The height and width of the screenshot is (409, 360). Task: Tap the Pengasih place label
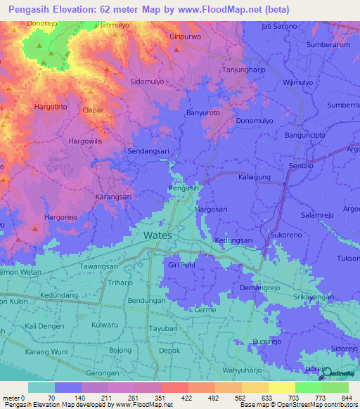pos(184,188)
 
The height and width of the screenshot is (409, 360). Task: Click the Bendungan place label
pos(147,300)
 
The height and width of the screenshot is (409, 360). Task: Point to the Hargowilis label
pos(85,141)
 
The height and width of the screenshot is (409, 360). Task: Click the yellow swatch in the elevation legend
pos(281,387)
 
